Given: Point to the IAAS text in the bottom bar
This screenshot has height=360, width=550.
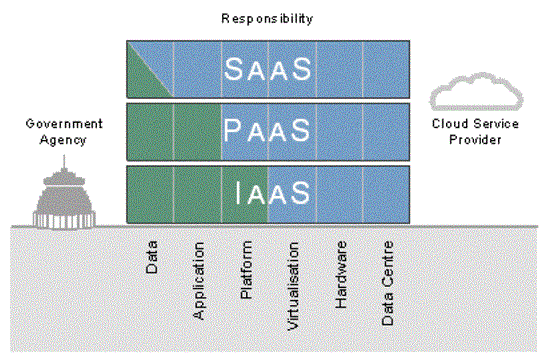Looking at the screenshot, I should [x=268, y=194].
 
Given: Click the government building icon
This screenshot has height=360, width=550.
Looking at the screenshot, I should [x=57, y=193].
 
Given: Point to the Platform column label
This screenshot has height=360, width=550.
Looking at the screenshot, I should [x=246, y=269].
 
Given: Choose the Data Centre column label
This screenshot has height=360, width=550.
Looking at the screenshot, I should [x=387, y=283].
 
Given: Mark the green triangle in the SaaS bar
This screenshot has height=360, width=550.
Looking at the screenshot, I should [x=140, y=80].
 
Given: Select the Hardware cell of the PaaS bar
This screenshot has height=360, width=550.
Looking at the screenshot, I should [x=340, y=131].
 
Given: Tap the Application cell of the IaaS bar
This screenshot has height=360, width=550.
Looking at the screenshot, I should [x=198, y=194].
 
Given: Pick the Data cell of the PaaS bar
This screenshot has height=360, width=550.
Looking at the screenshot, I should [x=150, y=131].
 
